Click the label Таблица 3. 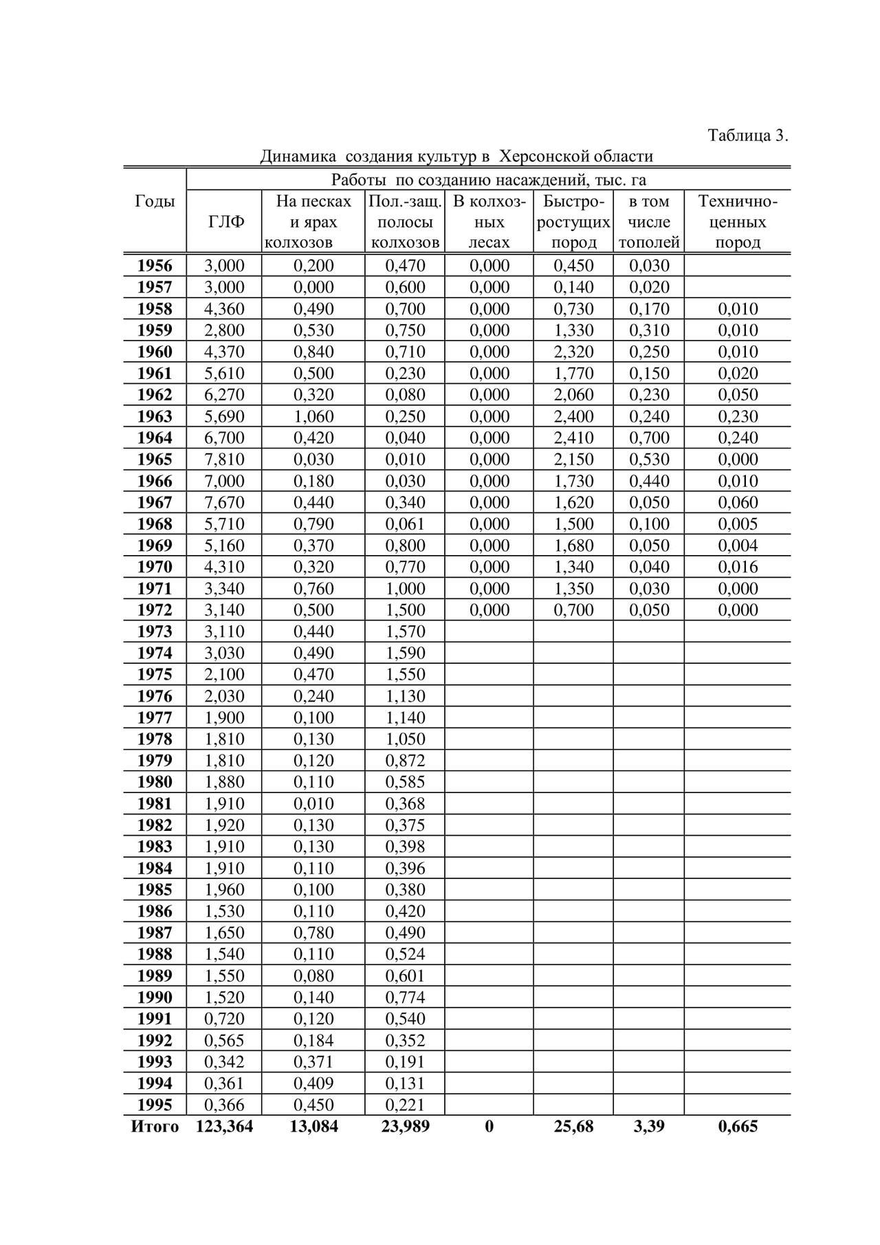(747, 136)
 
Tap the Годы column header (155, 201)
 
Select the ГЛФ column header (225, 222)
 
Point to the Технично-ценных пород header (737, 222)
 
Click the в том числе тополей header (648, 222)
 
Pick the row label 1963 (155, 416)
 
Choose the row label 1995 (155, 1105)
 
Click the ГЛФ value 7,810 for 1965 (224, 459)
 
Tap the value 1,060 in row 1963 (313, 416)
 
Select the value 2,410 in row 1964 (573, 437)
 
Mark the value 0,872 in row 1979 (405, 760)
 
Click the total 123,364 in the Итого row (224, 1127)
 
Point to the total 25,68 (573, 1127)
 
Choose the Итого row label (155, 1127)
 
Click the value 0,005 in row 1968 (738, 524)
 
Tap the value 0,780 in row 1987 (313, 933)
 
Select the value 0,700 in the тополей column (649, 437)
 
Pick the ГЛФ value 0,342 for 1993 (224, 1061)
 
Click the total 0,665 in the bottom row (738, 1127)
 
